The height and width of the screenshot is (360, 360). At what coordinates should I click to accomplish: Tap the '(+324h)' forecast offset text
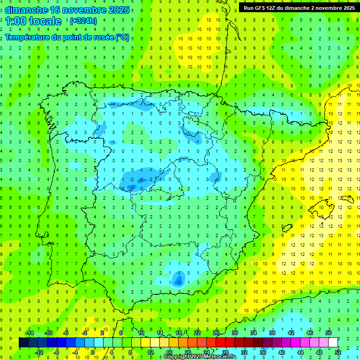coord(83,21)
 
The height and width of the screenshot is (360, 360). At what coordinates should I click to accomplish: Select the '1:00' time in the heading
coord(15,21)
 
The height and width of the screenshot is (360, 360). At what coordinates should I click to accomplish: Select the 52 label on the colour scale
coord(338,352)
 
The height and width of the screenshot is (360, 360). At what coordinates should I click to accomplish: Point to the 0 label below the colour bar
coord(93,352)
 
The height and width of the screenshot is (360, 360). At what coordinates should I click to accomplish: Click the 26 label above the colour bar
coord(216,333)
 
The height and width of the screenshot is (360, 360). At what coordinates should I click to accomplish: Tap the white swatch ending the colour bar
coord(333,343)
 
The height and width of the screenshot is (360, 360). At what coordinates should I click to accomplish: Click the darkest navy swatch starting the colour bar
coord(23,343)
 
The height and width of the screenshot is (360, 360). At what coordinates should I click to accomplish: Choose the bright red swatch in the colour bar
coord(220,343)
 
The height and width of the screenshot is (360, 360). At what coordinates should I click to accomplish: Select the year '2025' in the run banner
coord(347,8)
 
